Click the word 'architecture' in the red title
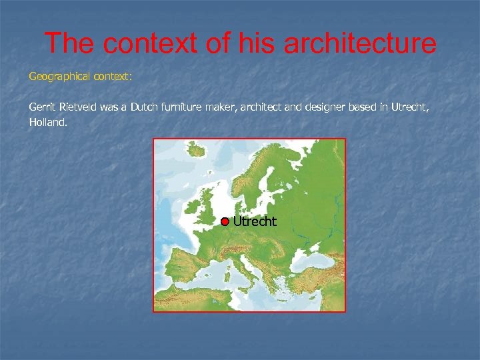click(360, 44)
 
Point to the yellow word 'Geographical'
click(59, 77)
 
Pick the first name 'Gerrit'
click(43, 106)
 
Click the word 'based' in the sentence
click(369, 106)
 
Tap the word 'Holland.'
click(48, 122)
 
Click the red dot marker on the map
click(225, 221)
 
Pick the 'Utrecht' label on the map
click(255, 221)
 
